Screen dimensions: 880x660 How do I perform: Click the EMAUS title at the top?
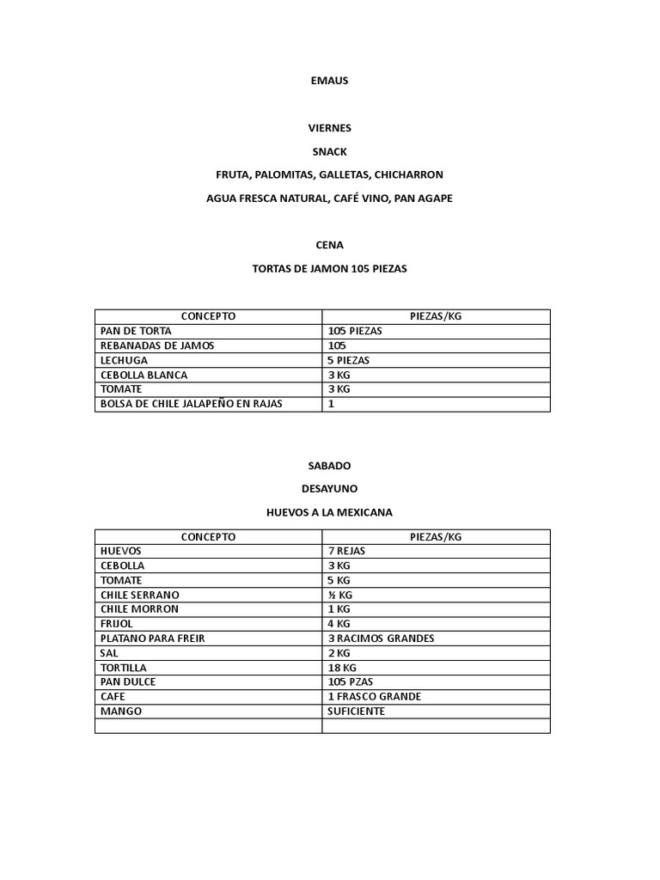(x=329, y=81)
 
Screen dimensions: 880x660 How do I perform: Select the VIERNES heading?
(x=329, y=128)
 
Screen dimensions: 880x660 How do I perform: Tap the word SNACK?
(x=329, y=151)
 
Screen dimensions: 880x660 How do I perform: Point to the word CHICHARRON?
(x=409, y=174)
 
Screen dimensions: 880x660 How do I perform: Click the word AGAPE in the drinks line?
(x=436, y=198)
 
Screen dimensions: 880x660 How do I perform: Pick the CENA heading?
(x=329, y=245)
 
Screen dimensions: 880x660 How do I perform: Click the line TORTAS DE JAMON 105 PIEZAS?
(x=329, y=268)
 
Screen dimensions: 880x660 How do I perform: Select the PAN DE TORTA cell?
(x=135, y=331)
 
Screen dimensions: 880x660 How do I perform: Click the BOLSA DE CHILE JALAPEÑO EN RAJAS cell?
(x=192, y=404)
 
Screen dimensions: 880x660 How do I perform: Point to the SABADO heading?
(x=329, y=465)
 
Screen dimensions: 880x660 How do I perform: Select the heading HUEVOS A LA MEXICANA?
(x=329, y=512)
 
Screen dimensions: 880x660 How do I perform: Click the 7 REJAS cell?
(x=347, y=551)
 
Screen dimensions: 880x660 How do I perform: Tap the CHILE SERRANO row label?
(x=139, y=595)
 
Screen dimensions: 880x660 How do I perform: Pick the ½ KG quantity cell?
(x=339, y=595)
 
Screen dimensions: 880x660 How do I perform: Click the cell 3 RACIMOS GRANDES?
(x=381, y=639)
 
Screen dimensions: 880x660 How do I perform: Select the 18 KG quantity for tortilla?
(x=342, y=668)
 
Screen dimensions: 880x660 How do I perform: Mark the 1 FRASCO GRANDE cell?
(x=374, y=697)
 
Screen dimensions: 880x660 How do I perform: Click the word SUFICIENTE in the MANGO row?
(x=356, y=712)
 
